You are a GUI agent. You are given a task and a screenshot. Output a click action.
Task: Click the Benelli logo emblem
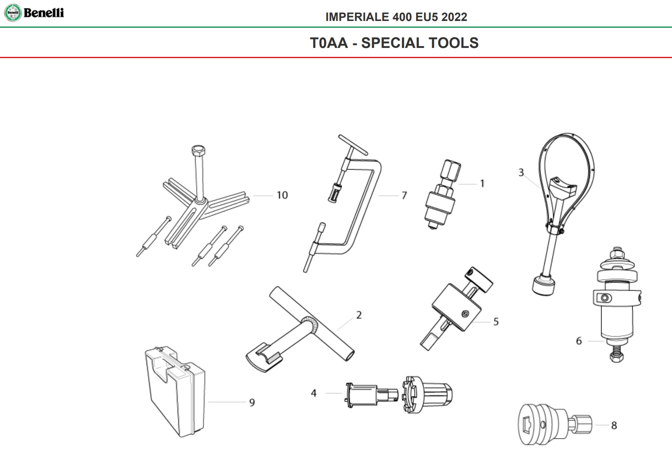(x=13, y=13)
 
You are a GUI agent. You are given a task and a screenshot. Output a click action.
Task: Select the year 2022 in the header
(x=454, y=17)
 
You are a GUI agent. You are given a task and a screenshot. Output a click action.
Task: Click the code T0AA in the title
(x=329, y=43)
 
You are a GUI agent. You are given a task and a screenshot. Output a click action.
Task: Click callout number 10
(x=282, y=195)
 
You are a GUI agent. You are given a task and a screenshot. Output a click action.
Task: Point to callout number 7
(x=404, y=195)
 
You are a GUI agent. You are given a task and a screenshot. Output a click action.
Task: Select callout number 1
(x=482, y=184)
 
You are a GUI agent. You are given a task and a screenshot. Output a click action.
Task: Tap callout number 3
(x=521, y=173)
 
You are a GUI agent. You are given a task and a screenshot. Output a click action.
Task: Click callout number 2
(x=359, y=315)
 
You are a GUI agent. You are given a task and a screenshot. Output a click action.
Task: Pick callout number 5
(x=496, y=322)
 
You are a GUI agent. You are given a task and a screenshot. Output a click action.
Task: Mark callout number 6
(x=579, y=341)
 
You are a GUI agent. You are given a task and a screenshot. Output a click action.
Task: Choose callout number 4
(x=314, y=393)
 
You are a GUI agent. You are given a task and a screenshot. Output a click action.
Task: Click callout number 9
(x=252, y=402)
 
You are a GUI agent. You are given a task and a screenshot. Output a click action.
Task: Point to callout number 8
(x=614, y=425)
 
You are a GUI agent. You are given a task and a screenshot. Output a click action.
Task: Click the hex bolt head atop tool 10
(x=198, y=152)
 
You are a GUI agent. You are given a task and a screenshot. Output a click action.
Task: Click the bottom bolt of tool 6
(x=616, y=353)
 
